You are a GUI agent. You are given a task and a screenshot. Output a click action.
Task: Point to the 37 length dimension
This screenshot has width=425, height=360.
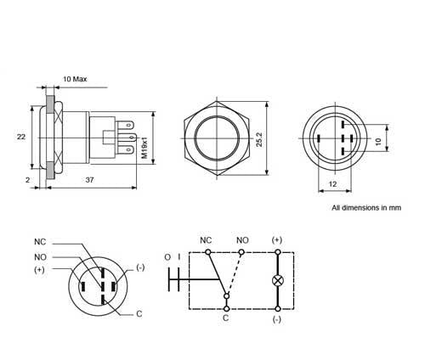tap(89, 180)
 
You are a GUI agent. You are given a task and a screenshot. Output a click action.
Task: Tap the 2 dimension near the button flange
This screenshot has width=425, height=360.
tap(29, 180)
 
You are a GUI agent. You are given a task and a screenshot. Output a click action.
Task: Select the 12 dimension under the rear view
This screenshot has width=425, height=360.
tap(333, 184)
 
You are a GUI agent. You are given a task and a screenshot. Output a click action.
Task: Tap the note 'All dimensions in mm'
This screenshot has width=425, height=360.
tap(366, 207)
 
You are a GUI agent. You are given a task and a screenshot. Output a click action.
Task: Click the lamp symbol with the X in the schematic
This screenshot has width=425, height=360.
tap(276, 280)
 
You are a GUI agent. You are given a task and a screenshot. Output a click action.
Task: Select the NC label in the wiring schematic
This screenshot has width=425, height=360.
tap(205, 240)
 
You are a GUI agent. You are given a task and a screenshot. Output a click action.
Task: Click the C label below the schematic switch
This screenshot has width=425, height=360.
tap(225, 320)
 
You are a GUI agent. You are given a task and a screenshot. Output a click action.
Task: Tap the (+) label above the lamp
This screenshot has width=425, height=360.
tap(276, 240)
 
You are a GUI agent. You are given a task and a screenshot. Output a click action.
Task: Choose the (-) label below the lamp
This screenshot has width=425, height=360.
tap(276, 320)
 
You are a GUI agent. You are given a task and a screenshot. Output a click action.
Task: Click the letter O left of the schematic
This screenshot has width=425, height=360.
tap(168, 257)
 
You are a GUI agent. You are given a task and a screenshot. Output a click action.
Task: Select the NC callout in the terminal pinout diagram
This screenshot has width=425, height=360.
tap(40, 240)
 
